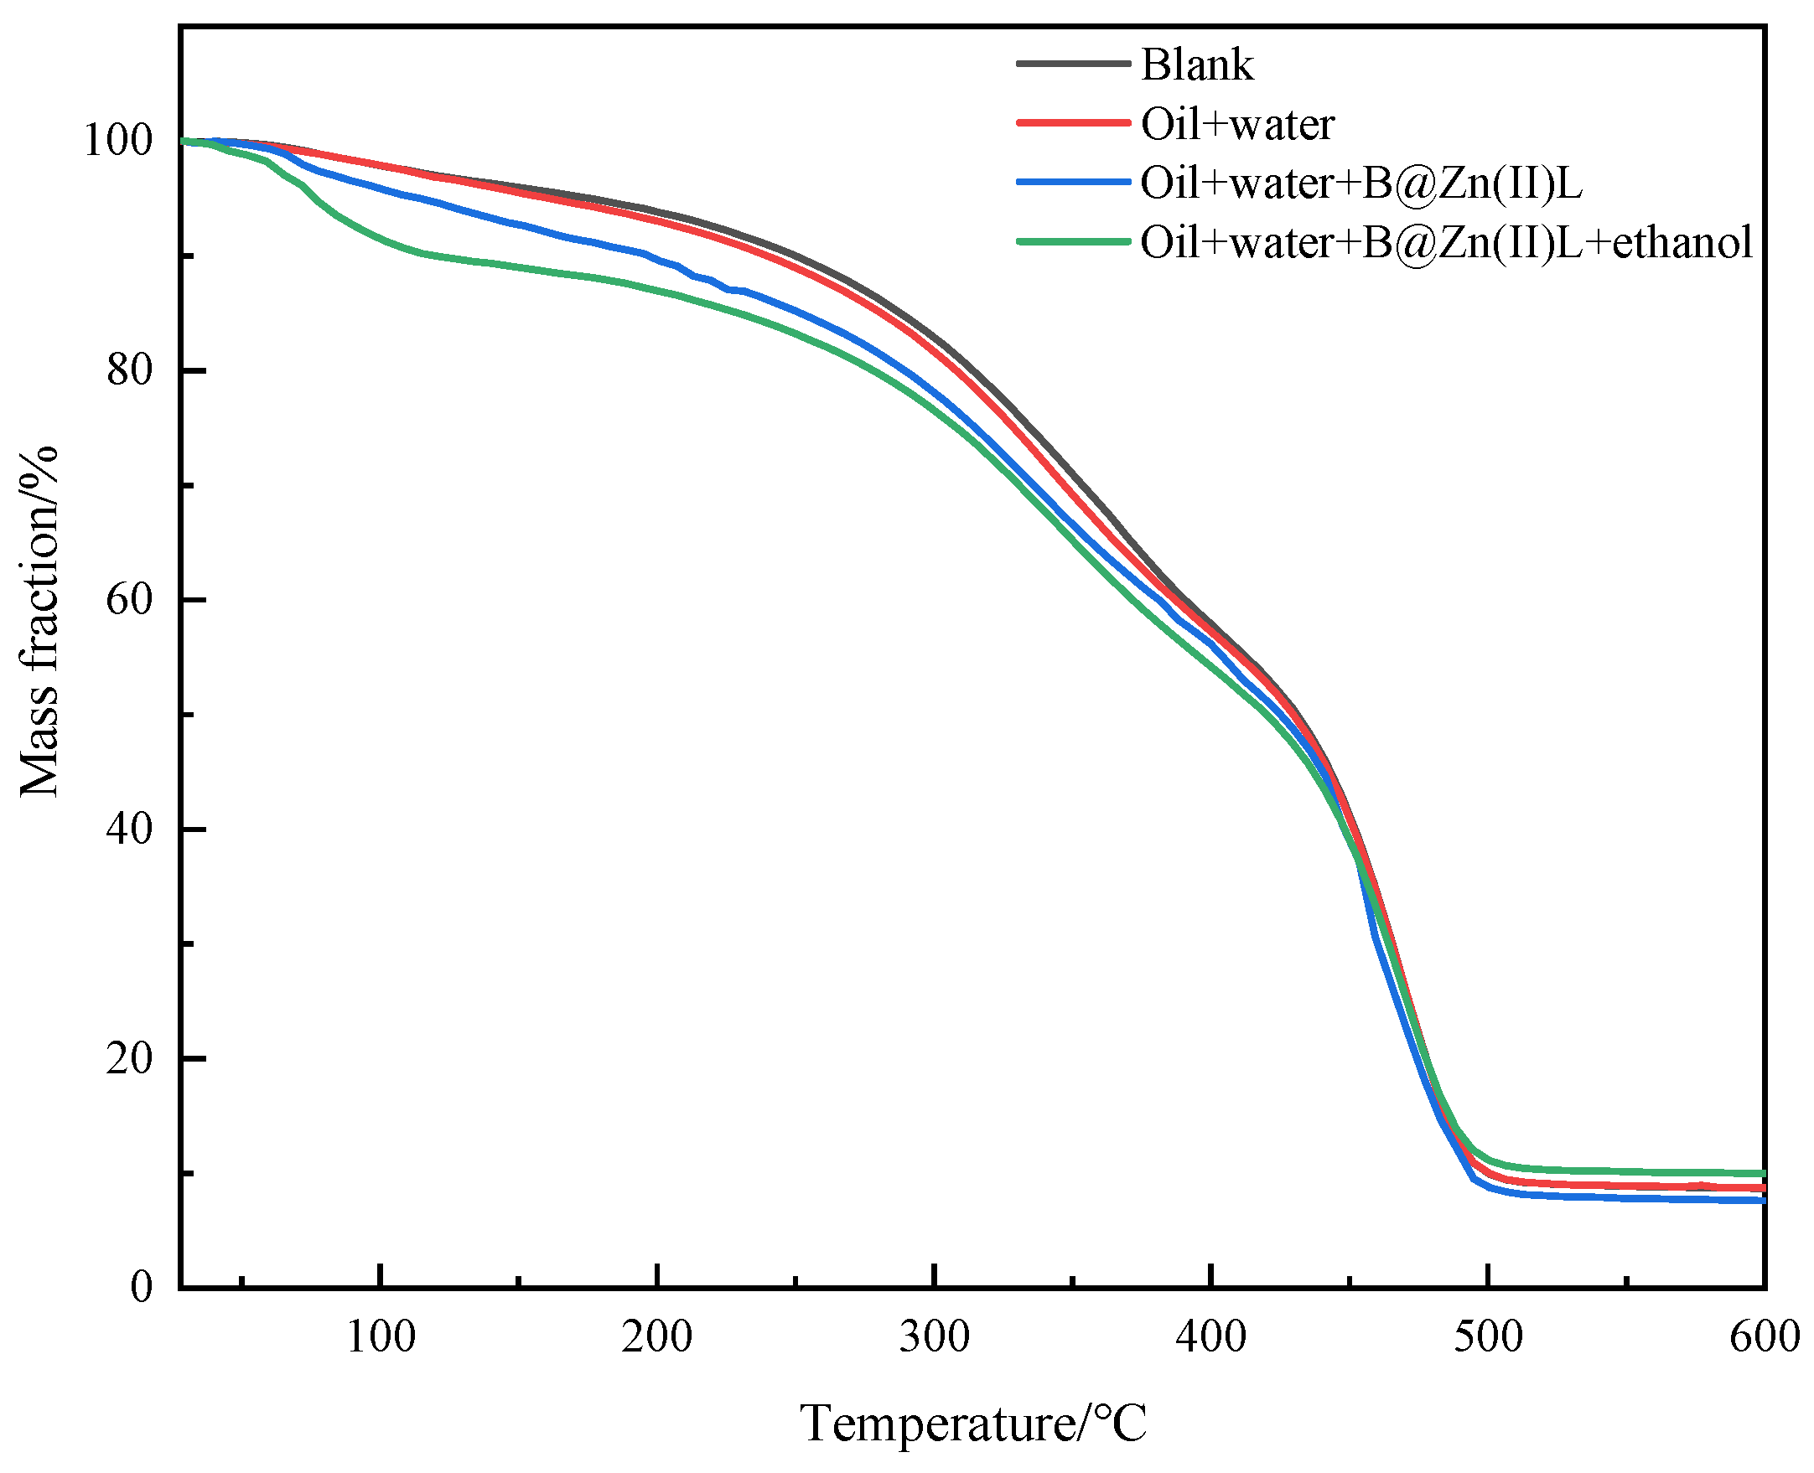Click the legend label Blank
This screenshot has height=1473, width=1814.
(1196, 65)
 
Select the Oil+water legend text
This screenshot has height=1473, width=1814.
(1236, 124)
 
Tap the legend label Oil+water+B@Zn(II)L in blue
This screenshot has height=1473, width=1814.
(1360, 183)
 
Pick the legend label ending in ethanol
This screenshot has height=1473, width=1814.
(1446, 242)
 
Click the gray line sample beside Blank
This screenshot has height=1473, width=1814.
(1073, 65)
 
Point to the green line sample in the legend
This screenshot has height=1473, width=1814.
(1073, 242)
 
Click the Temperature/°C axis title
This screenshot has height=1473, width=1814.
(972, 1424)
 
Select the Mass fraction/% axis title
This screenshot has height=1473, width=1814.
(39, 621)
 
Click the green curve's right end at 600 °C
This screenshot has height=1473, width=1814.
(1760, 1174)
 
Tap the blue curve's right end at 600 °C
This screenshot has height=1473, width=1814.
(1760, 1201)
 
